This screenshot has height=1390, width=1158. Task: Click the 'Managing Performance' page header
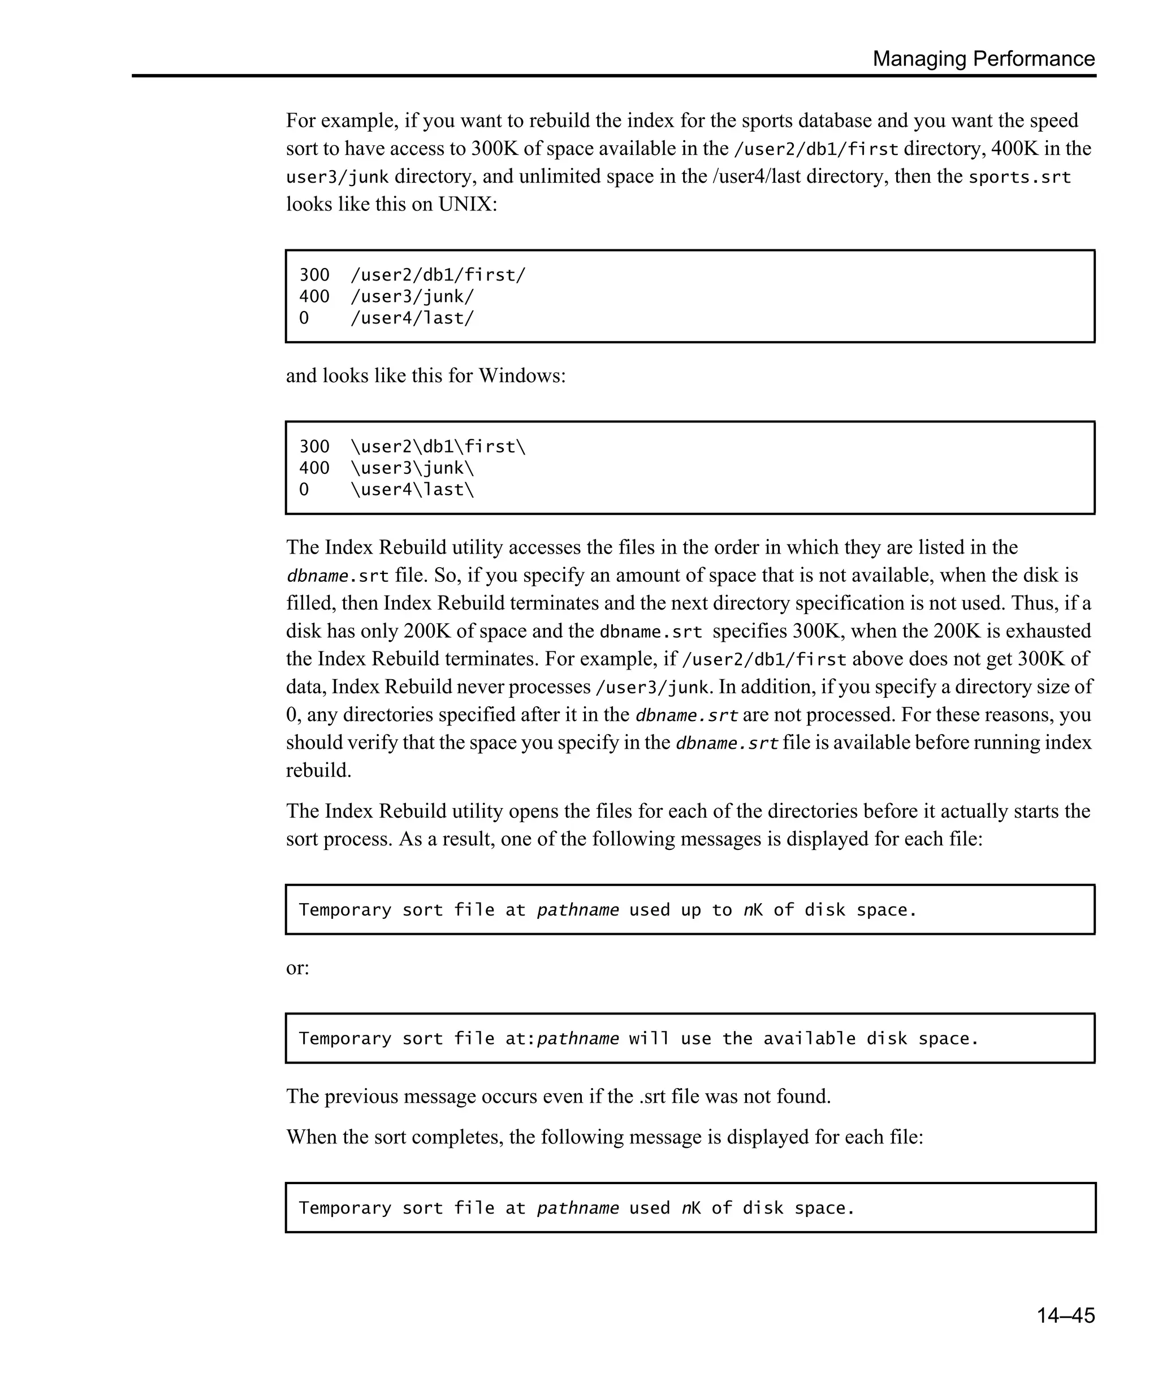983,59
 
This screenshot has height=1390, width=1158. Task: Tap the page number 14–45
1065,1315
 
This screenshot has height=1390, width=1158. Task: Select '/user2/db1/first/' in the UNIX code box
438,275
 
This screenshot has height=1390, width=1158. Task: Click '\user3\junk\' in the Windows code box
412,468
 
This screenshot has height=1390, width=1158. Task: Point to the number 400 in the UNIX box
314,296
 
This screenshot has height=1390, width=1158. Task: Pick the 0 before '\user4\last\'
304,490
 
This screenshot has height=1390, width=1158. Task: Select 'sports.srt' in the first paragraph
1019,177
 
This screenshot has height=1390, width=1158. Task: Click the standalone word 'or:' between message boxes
297,968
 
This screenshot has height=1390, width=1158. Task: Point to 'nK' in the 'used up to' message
753,910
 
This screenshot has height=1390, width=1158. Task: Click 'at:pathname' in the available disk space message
562,1038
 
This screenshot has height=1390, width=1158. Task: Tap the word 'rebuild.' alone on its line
318,770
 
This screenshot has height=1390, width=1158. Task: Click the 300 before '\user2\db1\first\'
314,447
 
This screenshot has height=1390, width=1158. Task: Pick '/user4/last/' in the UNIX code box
412,318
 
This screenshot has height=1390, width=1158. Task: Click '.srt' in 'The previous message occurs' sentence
653,1096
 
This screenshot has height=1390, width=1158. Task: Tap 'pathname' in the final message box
578,1208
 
